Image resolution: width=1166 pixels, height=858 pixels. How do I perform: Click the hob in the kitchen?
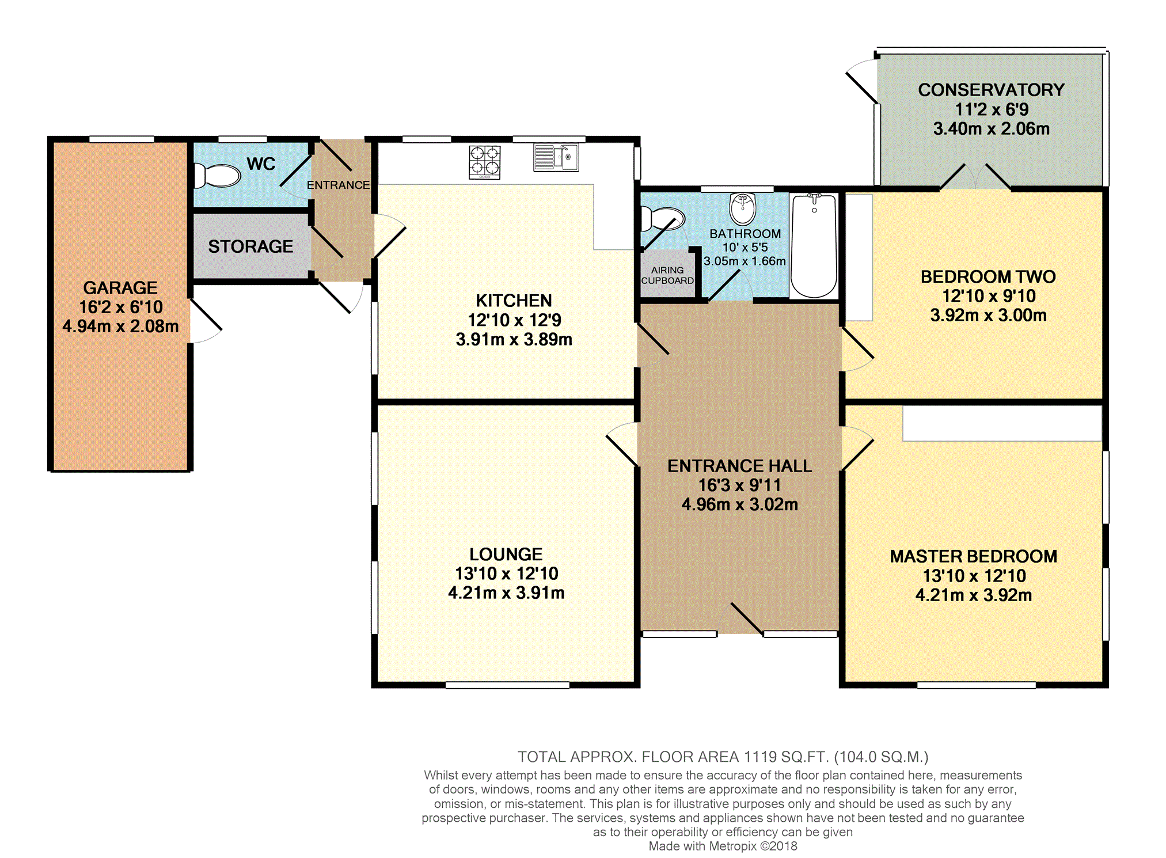(485, 162)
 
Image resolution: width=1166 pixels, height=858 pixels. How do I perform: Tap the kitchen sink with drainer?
(556, 157)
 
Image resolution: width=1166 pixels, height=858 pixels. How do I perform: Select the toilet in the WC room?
(216, 176)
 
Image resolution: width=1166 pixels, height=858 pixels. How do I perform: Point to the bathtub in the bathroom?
(814, 246)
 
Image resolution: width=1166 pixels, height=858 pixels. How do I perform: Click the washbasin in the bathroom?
(743, 208)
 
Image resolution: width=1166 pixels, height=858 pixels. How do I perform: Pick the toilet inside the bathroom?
(663, 219)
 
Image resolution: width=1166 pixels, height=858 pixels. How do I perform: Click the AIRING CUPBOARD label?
(667, 275)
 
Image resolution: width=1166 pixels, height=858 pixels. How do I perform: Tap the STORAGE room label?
(250, 246)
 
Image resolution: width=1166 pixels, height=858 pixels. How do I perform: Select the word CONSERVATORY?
(991, 90)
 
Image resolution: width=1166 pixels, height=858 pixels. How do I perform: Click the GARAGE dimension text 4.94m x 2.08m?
(120, 327)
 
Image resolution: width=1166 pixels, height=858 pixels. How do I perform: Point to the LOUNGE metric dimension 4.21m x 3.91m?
(506, 593)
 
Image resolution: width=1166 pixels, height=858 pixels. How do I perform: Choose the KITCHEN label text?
(514, 301)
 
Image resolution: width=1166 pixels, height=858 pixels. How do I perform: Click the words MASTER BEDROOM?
(974, 556)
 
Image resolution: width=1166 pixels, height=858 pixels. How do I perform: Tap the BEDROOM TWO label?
(988, 277)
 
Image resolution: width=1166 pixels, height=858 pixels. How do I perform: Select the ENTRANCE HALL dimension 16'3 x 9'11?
(739, 485)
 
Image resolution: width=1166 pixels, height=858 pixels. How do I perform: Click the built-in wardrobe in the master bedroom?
(1002, 423)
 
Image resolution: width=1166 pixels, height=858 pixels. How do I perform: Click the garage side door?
(206, 321)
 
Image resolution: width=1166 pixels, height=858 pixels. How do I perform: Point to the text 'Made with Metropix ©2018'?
(723, 846)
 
